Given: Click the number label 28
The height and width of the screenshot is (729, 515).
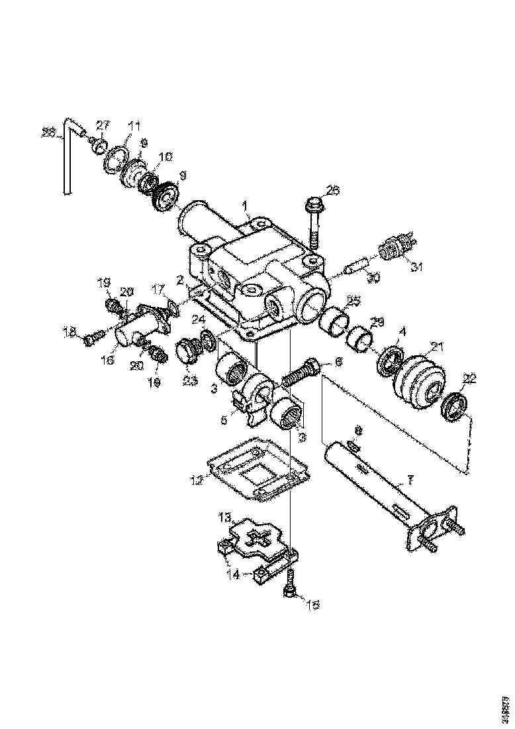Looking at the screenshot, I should click(x=48, y=133).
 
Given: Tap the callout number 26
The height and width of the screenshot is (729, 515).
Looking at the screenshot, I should click(x=332, y=191).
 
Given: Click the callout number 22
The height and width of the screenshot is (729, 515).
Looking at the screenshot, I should click(x=469, y=378).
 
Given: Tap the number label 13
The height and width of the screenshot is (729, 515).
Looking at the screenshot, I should click(x=225, y=518).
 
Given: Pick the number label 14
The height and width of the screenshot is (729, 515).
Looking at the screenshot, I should click(x=233, y=575).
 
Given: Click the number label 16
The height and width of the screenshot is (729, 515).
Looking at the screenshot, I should click(x=108, y=360).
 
